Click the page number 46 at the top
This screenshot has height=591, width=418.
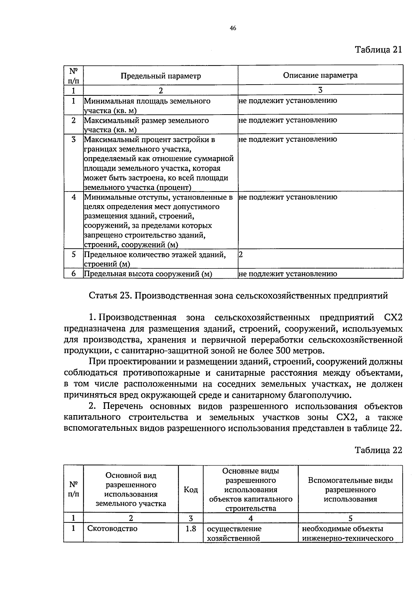point(233,29)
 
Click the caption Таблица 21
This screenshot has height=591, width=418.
point(378,49)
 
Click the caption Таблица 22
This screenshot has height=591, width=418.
point(378,450)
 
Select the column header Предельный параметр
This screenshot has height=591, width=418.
point(161,76)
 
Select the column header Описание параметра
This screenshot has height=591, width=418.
point(320,75)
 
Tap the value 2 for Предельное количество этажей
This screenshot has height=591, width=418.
point(241,255)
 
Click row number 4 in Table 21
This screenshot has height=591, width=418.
point(73,197)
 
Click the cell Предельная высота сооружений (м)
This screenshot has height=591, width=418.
point(148,274)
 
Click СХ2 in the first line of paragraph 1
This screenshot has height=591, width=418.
point(393,318)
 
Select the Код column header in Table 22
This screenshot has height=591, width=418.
point(191,490)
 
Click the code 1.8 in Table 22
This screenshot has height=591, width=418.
point(191,529)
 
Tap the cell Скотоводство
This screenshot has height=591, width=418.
point(112,529)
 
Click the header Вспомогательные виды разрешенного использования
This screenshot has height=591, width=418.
point(350,490)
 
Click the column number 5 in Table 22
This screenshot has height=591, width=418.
point(350,518)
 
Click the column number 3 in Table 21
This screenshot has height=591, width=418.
point(320,90)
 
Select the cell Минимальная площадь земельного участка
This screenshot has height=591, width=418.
point(147,106)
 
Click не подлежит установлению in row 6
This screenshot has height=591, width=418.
point(288,274)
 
